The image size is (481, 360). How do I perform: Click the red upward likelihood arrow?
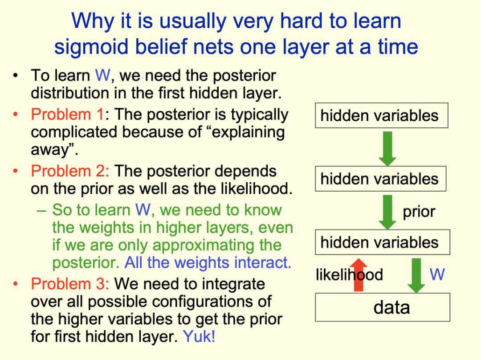tap(359, 275)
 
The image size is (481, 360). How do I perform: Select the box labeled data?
tap(383, 307)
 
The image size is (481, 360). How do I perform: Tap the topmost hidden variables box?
tap(382, 115)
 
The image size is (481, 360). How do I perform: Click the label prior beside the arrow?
tap(419, 212)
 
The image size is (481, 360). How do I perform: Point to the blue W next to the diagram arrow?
tap(437, 274)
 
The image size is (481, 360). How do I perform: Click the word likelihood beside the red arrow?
tap(350, 274)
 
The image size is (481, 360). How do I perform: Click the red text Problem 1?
tap(68, 115)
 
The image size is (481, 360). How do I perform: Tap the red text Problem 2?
tap(70, 171)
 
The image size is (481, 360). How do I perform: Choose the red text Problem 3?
tap(70, 283)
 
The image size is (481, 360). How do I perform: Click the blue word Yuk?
tap(199, 336)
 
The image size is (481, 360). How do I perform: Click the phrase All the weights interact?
tap(208, 263)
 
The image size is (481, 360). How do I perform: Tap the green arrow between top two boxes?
tap(387, 149)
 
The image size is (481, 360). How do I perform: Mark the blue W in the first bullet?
tap(102, 75)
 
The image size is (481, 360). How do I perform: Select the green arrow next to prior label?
tap(388, 212)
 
